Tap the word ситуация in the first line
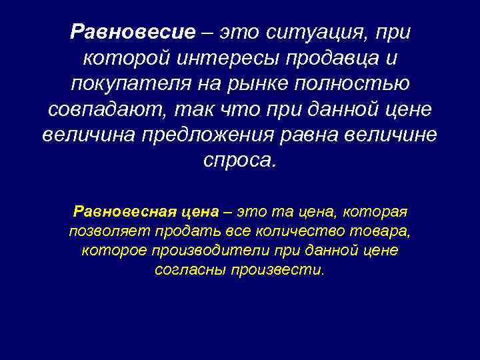(313, 31)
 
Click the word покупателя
(127, 85)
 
